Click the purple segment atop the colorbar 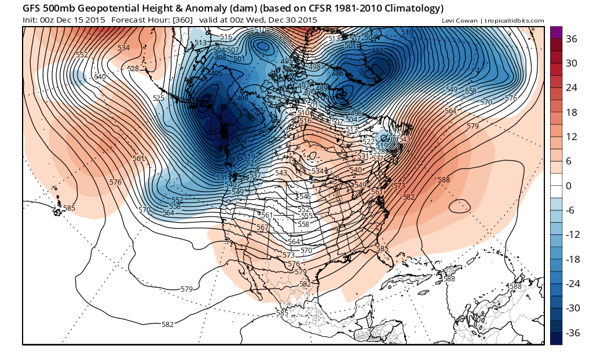pyautogui.click(x=556, y=32)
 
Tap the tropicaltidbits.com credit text pyautogui.click(x=515, y=21)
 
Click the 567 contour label pyautogui.click(x=262, y=227)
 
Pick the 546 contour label pyautogui.click(x=305, y=197)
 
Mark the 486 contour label pyautogui.click(x=337, y=74)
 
